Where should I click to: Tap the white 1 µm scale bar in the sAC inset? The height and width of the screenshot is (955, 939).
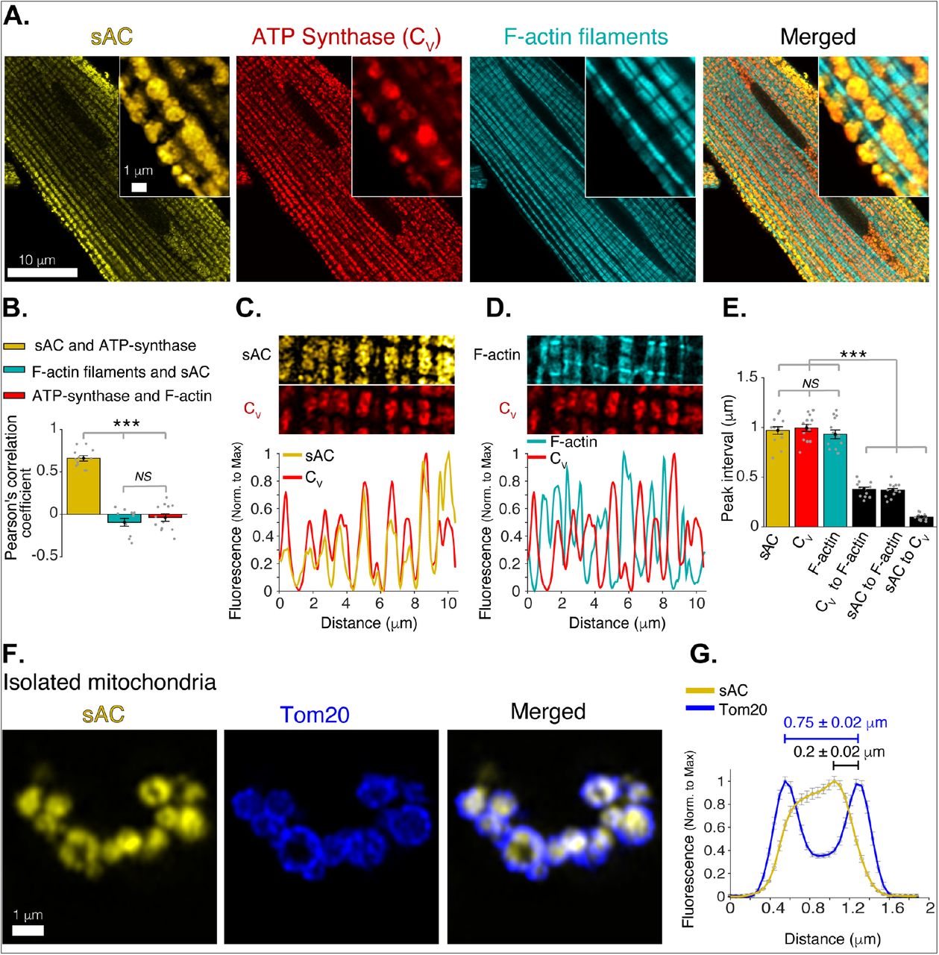(139, 187)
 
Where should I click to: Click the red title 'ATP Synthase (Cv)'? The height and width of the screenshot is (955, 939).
(346, 37)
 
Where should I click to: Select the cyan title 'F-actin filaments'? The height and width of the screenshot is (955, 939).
(585, 37)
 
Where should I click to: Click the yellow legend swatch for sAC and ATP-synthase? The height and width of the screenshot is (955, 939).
(15, 346)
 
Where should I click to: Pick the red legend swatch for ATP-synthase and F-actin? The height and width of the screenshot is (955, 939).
(15, 396)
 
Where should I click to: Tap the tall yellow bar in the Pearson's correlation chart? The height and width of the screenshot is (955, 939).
(84, 486)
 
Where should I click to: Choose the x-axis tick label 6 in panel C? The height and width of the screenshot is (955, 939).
(380, 604)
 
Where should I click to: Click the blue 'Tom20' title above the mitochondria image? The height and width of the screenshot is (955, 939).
(315, 715)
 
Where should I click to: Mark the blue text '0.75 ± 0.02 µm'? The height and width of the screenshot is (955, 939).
(835, 722)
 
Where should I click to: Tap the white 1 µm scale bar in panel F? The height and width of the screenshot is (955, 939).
(28, 930)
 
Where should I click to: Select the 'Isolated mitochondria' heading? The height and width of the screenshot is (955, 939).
(110, 681)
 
